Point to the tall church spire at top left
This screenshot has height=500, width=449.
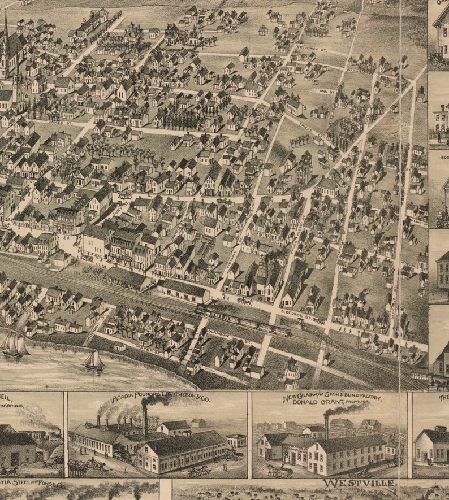point(6,34)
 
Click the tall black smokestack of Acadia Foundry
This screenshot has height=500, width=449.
point(145,418)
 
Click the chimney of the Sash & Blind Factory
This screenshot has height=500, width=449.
point(326,426)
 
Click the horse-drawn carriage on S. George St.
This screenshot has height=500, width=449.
point(244,301)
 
